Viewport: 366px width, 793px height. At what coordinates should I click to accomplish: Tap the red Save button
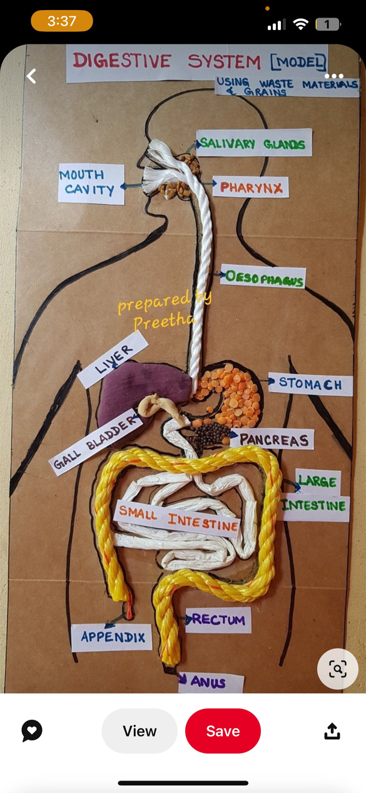pos(223,731)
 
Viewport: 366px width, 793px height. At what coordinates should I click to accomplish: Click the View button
pos(140,731)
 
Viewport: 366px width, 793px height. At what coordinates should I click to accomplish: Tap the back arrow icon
pos(31,76)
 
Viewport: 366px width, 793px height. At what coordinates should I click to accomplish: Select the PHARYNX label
pos(251,187)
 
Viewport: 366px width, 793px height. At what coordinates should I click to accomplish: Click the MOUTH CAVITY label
pos(91,184)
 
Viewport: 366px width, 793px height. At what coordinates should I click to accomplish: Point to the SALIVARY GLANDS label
pos(254,143)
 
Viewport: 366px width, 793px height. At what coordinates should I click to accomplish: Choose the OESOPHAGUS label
pos(263,276)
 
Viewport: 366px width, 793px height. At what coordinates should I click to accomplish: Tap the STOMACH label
pos(310,384)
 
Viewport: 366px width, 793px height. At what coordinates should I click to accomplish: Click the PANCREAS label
pos(272,439)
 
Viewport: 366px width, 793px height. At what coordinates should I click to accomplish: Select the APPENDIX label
pos(112,638)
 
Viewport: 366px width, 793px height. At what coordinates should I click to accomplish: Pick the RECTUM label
pos(218,620)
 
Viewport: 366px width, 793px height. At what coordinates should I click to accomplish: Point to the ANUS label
pos(211,682)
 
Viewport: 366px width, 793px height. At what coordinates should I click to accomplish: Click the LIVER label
pos(113,359)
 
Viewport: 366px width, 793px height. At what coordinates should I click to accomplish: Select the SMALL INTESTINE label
pos(177,518)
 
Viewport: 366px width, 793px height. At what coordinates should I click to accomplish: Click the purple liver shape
pos(141,390)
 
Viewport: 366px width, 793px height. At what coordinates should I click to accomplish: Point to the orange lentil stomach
pos(230,395)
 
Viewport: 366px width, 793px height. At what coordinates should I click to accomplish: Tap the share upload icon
pos(332,732)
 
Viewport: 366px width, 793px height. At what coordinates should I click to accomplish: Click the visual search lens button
pos(338,669)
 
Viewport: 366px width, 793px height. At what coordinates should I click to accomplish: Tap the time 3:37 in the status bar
pos(62,21)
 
